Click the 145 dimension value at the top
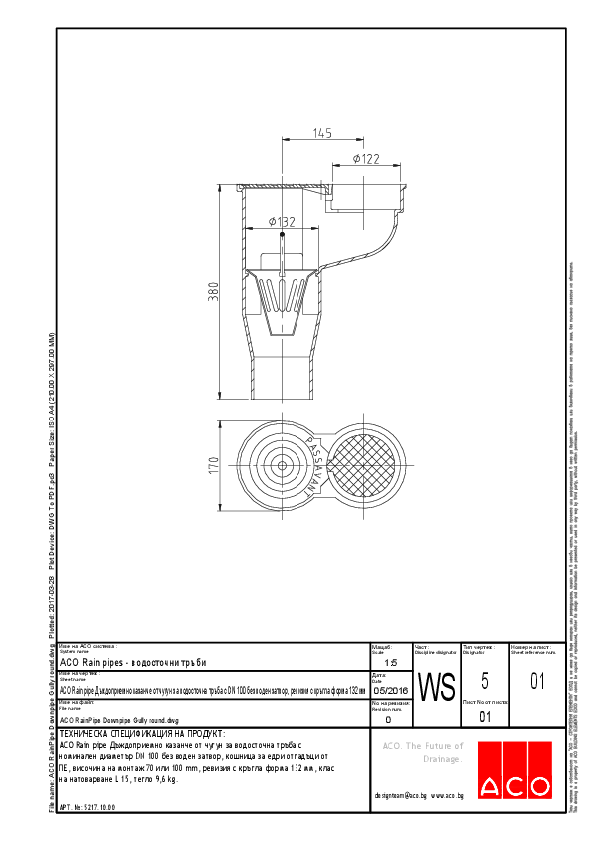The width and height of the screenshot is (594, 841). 321,132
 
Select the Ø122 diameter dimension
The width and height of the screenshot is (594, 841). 366,159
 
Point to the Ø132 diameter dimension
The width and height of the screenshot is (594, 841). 282,221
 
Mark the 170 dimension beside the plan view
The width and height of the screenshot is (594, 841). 212,465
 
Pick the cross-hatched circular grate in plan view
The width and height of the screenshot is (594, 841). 364,464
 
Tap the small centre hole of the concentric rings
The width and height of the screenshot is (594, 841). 282,464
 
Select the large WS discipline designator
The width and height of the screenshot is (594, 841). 436,687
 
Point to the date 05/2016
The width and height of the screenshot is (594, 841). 390,690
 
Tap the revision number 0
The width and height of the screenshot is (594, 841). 388,718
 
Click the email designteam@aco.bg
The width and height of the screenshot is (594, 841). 401,795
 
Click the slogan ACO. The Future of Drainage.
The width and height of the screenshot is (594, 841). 424,752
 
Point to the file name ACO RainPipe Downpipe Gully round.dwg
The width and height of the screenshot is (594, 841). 119,719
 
